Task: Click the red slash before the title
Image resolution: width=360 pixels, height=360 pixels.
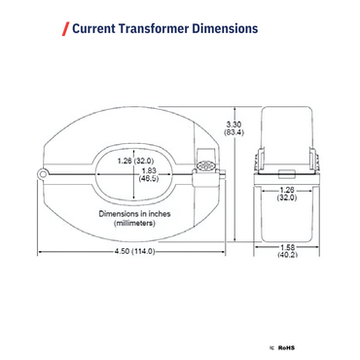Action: pos(65,29)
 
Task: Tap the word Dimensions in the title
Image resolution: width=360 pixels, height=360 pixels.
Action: pos(227,29)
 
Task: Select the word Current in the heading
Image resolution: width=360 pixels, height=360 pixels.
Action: pos(96,29)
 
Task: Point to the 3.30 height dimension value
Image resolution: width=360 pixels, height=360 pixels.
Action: pos(233,124)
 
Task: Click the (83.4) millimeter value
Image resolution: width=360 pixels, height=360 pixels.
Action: pos(234,132)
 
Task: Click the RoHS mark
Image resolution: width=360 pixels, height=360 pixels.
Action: pos(286,345)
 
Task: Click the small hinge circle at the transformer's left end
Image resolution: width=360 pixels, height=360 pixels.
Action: pos(43,173)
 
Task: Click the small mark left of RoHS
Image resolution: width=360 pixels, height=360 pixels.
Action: pos(271,345)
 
